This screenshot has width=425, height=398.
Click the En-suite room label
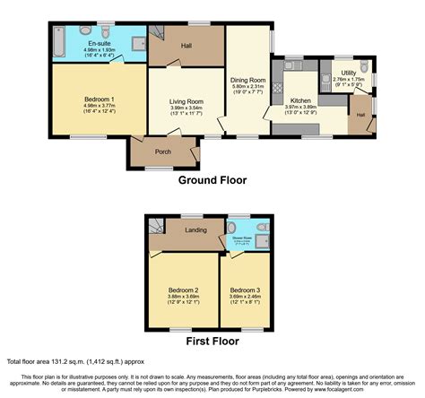click(x=99, y=41)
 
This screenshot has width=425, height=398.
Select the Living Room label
click(x=186, y=102)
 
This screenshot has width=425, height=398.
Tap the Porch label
click(x=163, y=151)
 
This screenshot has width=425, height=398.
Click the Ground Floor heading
click(x=212, y=180)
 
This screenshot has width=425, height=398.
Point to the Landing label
click(x=196, y=230)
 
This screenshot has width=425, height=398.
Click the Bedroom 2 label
click(x=183, y=290)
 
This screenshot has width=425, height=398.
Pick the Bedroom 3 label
click(x=244, y=290)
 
